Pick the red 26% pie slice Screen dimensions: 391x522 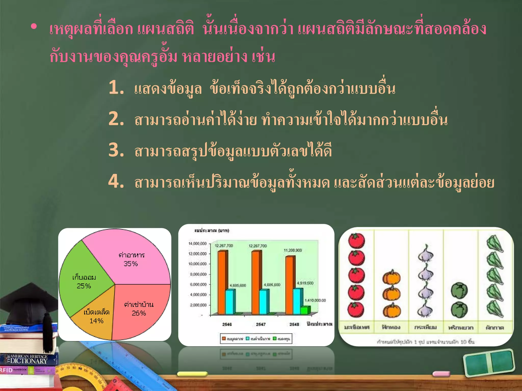(140, 311)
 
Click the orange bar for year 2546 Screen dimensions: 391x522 (222, 283)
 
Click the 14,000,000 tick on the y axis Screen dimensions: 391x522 (198, 244)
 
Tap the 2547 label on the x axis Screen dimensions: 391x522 (261, 324)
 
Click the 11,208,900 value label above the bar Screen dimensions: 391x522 (293, 250)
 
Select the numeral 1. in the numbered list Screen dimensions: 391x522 (116, 87)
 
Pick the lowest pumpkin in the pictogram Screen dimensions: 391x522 (391, 311)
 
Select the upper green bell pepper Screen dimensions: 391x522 (459, 291)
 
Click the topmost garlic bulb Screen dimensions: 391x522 (426, 254)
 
